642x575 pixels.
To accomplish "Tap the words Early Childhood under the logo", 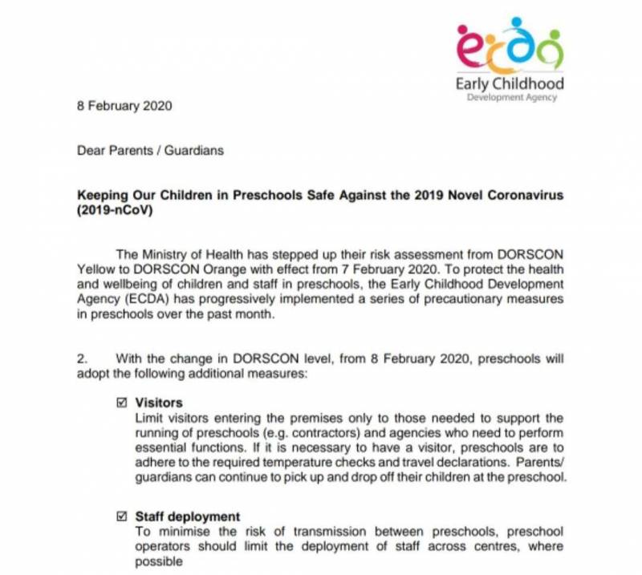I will click(x=510, y=83).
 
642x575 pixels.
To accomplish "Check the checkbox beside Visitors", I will click(x=122, y=403).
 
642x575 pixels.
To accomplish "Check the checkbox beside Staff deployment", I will click(x=122, y=516).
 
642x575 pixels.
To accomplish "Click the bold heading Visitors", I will click(x=159, y=403).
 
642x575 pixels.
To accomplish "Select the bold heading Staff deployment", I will click(x=188, y=516).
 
